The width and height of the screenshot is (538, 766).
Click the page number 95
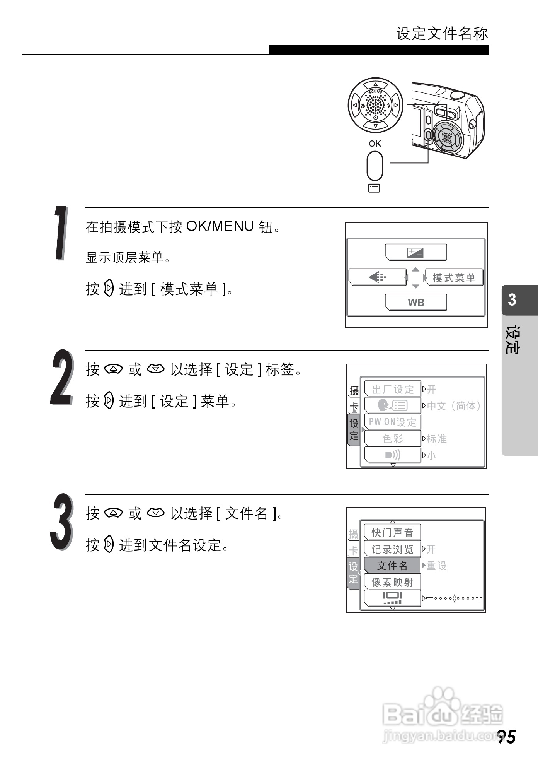[x=506, y=737]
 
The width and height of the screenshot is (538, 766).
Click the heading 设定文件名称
[x=442, y=34]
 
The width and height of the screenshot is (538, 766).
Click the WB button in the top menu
[x=416, y=303]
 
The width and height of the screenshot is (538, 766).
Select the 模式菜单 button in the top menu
[x=454, y=278]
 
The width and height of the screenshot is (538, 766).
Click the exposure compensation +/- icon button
[x=416, y=253]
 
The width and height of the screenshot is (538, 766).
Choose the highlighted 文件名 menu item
[x=392, y=566]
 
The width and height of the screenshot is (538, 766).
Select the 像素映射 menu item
[x=392, y=582]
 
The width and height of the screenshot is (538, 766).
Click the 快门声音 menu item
[x=392, y=533]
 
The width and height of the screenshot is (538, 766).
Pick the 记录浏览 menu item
[x=392, y=549]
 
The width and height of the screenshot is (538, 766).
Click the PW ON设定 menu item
[x=392, y=422]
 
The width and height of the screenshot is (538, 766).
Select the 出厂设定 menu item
[x=392, y=389]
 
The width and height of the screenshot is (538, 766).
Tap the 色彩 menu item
[x=392, y=439]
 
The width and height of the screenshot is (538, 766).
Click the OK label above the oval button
[x=375, y=144]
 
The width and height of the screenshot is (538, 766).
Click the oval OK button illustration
[x=375, y=166]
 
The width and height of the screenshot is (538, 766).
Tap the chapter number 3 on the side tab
[x=512, y=300]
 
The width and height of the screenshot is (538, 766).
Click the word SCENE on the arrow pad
[x=375, y=92]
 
